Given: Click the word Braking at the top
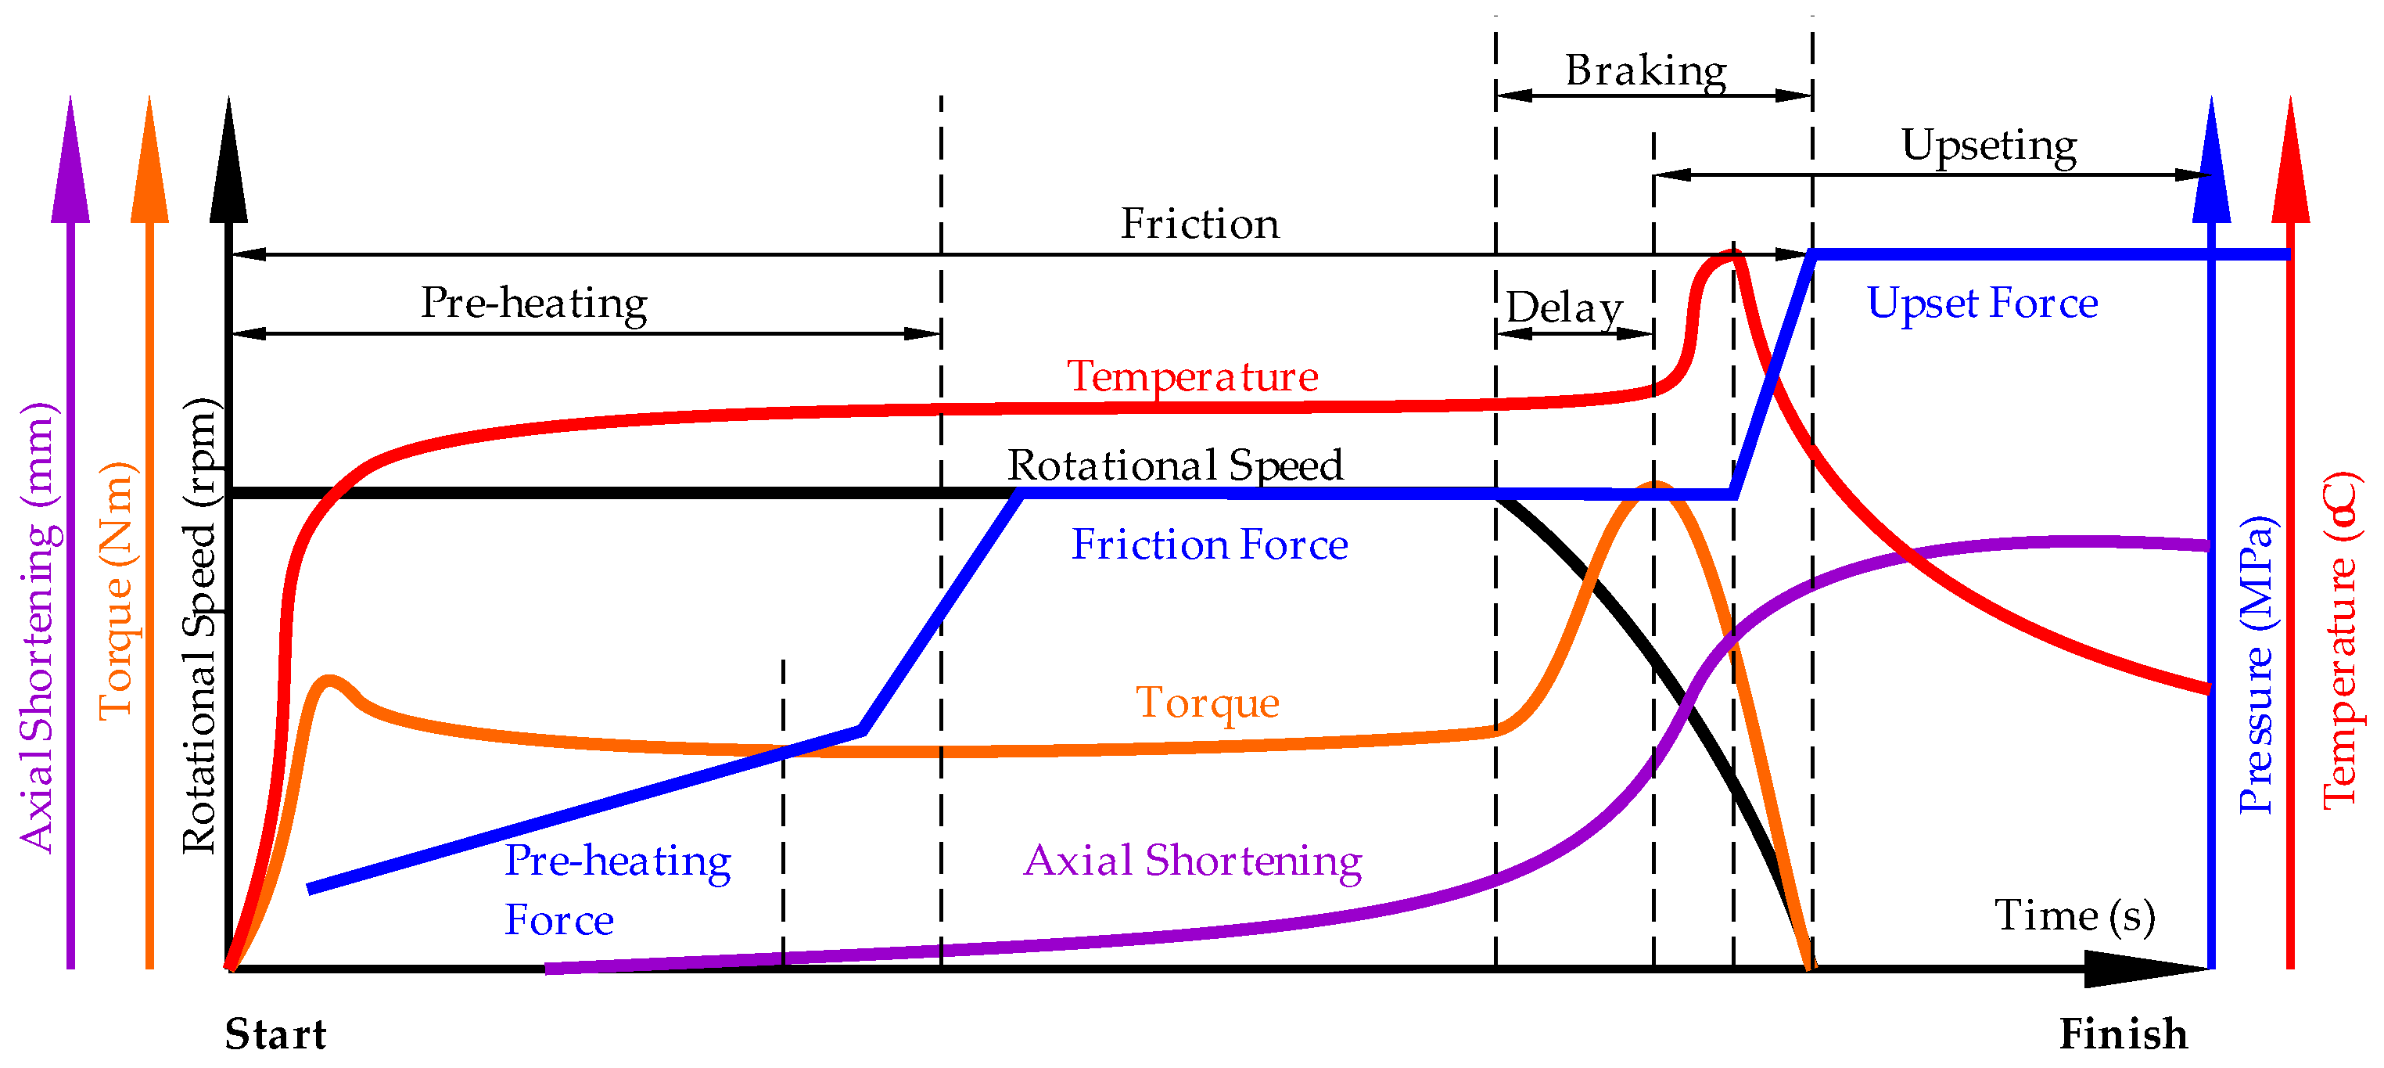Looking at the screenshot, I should click(x=1645, y=70).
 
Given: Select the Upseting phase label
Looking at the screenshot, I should click(x=1988, y=146).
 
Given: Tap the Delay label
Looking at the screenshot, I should click(x=1564, y=307).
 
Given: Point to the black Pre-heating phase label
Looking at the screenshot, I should click(x=534, y=304).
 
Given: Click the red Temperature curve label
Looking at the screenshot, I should click(x=1192, y=376).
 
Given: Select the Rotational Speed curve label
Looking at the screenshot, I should click(x=1175, y=465).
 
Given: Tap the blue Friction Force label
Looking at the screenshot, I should click(x=1208, y=545).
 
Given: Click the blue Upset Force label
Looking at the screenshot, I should click(x=1981, y=303).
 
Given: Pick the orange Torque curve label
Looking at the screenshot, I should click(x=1207, y=703).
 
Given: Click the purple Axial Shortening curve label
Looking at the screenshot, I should click(x=1192, y=861).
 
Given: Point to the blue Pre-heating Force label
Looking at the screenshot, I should click(x=616, y=889).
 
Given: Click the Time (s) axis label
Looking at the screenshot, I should click(x=2074, y=915).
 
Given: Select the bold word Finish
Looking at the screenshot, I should click(x=2123, y=1034).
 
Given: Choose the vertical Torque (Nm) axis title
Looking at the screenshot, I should click(x=117, y=591).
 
